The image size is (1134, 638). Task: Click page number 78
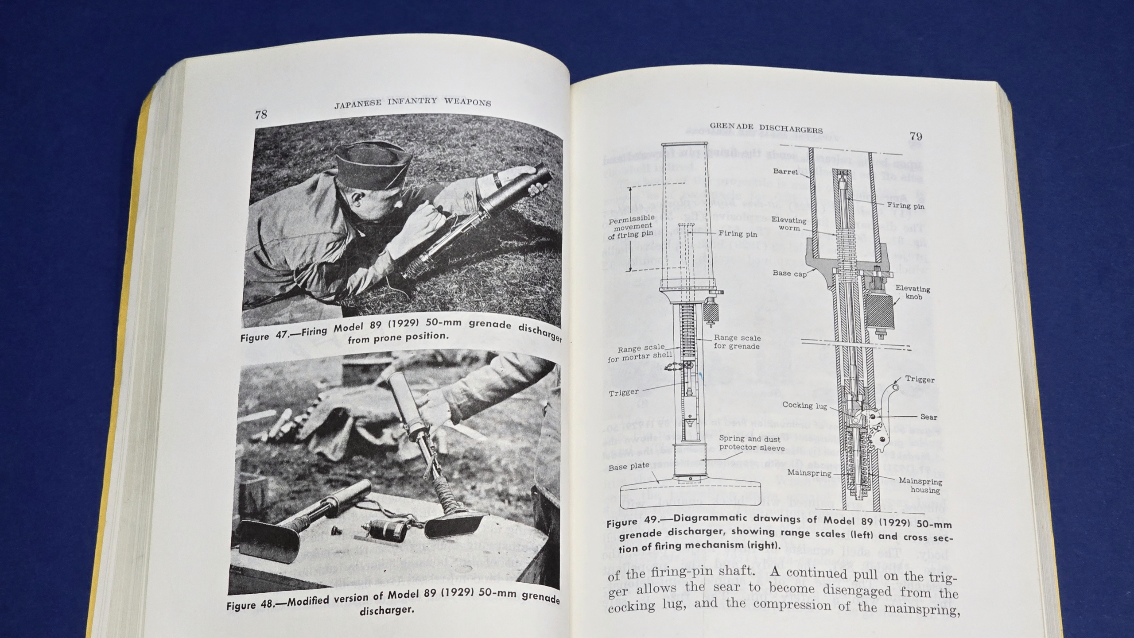tap(261, 114)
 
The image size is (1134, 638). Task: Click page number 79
tap(916, 136)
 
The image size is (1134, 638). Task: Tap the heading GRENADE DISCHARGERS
tap(766, 128)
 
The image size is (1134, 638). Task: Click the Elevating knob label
tap(913, 292)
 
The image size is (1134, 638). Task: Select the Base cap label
tap(789, 273)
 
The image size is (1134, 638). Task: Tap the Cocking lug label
tap(804, 405)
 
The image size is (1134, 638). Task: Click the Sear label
tap(928, 417)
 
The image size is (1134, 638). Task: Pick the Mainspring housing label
tap(920, 485)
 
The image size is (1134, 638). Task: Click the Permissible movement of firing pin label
tap(631, 227)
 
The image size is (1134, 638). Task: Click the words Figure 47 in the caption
tap(267, 335)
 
